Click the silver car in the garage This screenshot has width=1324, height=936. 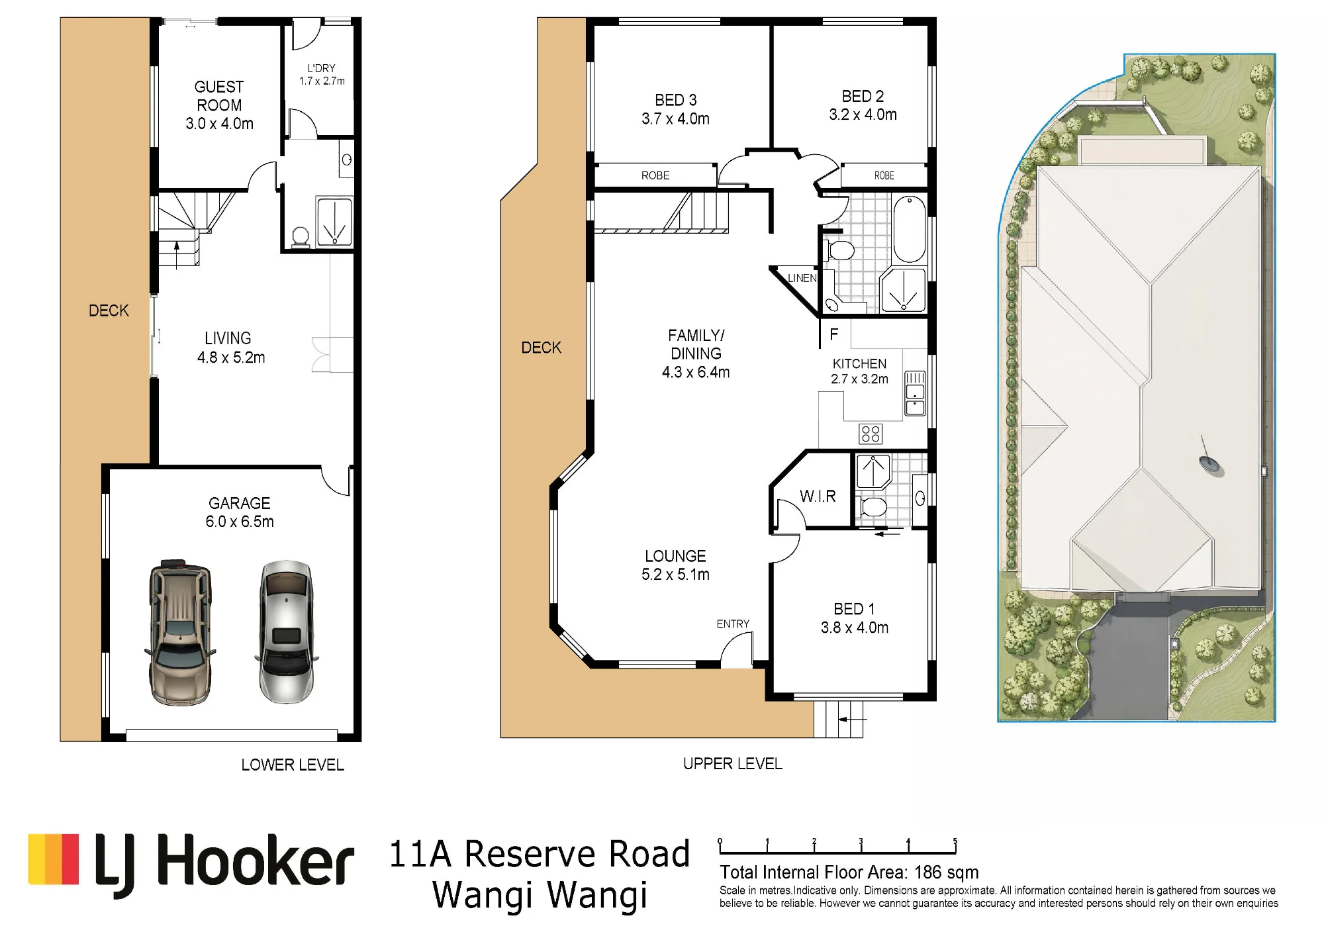pos(286,632)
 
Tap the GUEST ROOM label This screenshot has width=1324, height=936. pos(219,96)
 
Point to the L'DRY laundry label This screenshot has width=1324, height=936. pos(322,68)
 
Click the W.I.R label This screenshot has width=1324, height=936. pos(818,496)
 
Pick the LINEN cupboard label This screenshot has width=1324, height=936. pos(802,278)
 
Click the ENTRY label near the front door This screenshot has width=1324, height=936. pos(733,624)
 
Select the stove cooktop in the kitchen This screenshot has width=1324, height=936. pos(871,434)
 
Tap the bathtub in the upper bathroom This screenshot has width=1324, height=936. pos(910,229)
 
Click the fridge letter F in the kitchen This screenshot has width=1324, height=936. pos(834,334)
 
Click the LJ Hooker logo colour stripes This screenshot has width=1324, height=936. pos(54,859)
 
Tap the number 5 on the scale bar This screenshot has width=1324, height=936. pos(955,841)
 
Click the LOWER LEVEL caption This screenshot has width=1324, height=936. pos(293,765)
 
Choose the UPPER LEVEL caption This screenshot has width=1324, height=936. pos(733,763)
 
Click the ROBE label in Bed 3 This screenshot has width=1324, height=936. pos(655,175)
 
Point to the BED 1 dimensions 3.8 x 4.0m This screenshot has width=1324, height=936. pos(855,628)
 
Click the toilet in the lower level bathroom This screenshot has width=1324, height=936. pos(301,237)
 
